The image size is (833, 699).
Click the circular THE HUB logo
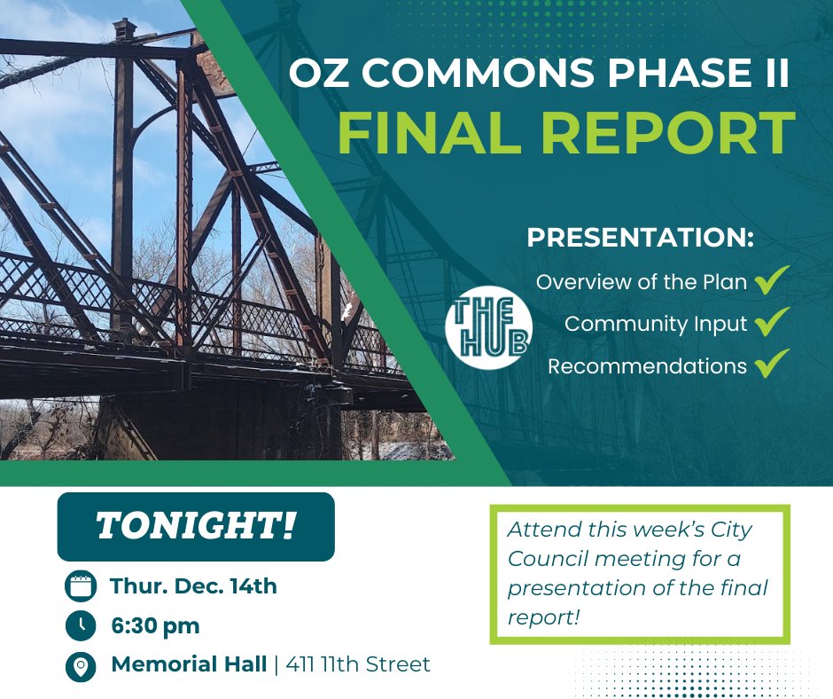[x=487, y=326]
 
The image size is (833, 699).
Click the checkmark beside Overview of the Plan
[x=773, y=282]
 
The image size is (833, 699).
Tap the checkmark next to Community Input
[x=773, y=323]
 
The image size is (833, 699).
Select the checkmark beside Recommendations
[x=773, y=365]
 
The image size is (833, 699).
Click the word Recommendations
[x=647, y=365]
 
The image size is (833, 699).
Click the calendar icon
[x=81, y=586]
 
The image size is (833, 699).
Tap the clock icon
[x=81, y=626]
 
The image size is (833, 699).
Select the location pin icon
[x=81, y=665]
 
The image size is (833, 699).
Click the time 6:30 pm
[x=155, y=625]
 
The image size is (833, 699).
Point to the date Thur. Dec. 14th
[x=194, y=585]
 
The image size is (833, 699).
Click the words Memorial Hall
[x=189, y=664]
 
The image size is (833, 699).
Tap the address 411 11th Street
[x=358, y=664]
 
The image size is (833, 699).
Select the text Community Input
[x=656, y=324]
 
